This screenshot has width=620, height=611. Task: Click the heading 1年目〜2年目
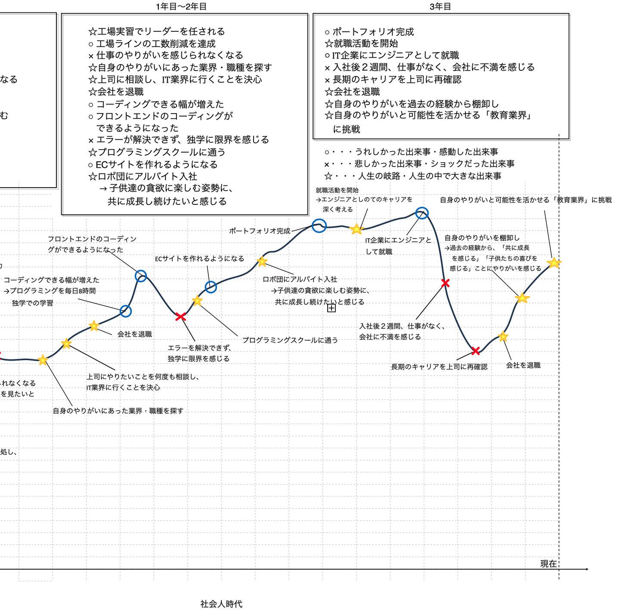[181, 6]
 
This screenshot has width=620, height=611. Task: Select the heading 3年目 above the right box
[440, 6]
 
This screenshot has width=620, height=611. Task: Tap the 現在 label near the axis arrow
[548, 564]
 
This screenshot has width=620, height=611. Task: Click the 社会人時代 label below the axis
[221, 604]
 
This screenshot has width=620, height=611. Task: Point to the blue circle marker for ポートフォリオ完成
[319, 226]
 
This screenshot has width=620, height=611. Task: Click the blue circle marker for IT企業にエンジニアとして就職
[422, 213]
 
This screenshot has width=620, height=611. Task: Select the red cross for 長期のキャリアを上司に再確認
[475, 351]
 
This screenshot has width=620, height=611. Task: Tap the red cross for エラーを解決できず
[180, 317]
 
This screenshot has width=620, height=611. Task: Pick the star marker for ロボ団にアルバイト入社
[262, 262]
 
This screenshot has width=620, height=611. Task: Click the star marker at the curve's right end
[554, 263]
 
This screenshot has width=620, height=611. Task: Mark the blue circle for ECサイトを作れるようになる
[211, 287]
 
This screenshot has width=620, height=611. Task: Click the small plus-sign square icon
[332, 308]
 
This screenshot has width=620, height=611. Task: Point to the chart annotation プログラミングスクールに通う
[290, 340]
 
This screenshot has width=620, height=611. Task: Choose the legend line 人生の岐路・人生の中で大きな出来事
[413, 176]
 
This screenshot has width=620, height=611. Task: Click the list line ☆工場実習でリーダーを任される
[157, 31]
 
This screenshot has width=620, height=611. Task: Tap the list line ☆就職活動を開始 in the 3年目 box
[361, 43]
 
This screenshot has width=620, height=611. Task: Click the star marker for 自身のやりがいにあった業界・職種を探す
[43, 360]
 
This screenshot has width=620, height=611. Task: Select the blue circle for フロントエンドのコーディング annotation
[141, 276]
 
